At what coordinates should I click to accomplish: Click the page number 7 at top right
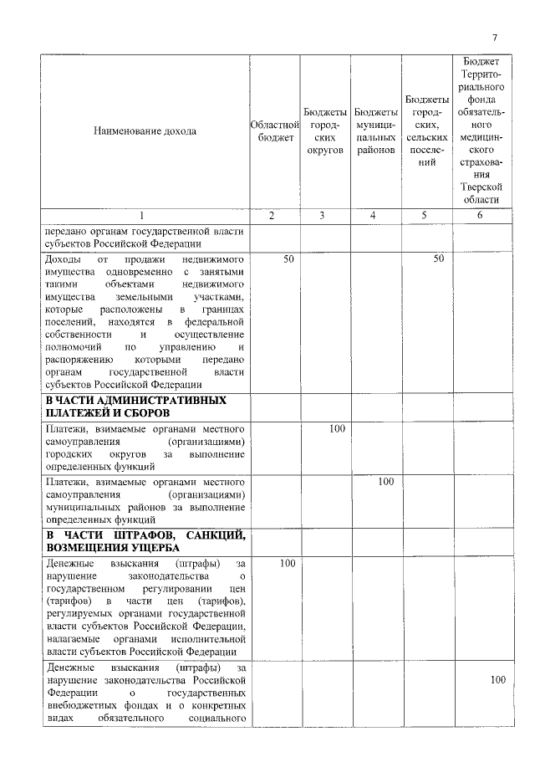(x=494, y=38)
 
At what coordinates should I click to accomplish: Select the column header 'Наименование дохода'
(x=145, y=131)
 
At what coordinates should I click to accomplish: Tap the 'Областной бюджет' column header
(x=276, y=131)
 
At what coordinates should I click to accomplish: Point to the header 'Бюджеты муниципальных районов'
(x=375, y=131)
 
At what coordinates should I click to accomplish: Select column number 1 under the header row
(x=145, y=216)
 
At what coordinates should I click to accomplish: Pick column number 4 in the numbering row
(x=375, y=216)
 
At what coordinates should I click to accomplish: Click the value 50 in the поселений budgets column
(x=438, y=260)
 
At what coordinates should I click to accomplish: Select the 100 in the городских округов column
(x=337, y=429)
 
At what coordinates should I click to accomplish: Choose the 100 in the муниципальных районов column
(x=385, y=482)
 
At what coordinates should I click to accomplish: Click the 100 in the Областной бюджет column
(x=287, y=564)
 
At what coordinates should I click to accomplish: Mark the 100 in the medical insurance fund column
(x=497, y=680)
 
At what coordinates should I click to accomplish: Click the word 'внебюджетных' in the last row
(x=82, y=705)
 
